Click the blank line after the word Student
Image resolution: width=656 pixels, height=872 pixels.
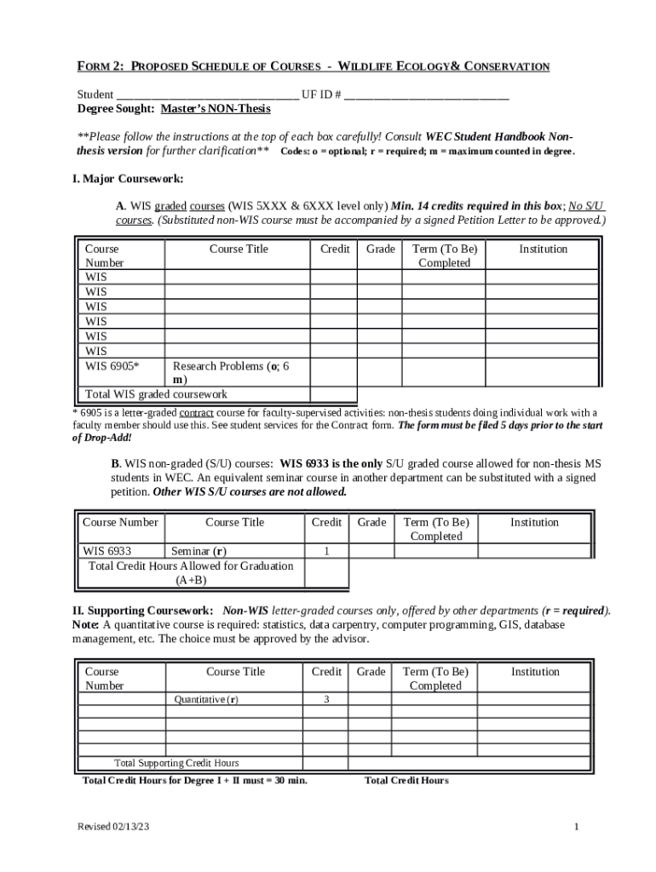[207, 95]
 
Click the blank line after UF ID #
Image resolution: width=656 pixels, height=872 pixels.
[427, 95]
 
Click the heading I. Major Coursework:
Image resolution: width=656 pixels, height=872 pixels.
[128, 179]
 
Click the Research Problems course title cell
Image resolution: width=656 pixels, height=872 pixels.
[236, 372]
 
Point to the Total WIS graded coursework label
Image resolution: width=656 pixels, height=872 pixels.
[156, 394]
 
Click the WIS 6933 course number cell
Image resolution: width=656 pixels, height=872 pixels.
[107, 551]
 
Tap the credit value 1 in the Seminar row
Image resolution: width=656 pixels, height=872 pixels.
[326, 552]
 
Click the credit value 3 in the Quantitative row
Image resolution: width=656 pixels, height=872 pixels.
[326, 700]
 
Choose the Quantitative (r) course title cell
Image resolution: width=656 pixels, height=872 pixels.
[206, 700]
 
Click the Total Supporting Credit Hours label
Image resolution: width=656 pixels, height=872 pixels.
[176, 763]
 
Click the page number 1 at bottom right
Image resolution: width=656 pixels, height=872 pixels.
[577, 828]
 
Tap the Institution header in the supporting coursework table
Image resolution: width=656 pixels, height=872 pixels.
[534, 672]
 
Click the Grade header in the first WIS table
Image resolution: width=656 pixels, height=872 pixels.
[380, 249]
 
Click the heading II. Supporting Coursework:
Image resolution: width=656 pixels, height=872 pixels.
[143, 611]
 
